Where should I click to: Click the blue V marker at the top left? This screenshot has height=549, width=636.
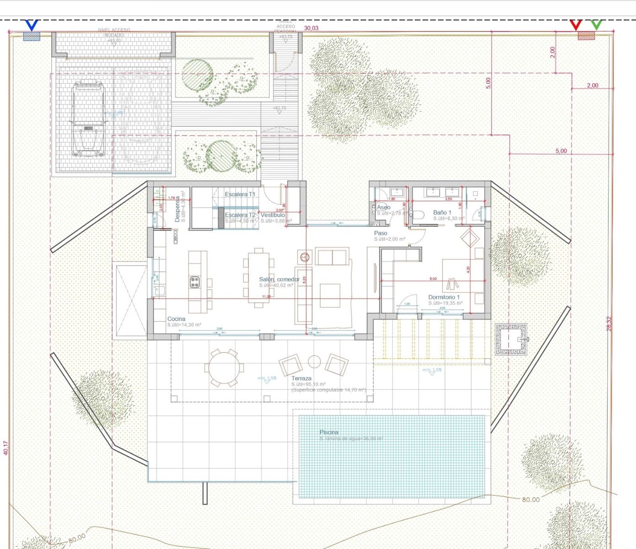(32, 25)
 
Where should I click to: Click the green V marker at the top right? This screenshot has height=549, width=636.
(596, 24)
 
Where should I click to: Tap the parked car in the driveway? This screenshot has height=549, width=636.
(88, 118)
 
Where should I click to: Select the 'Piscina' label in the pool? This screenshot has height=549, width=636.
(329, 432)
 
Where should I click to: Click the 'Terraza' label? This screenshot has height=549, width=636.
(302, 378)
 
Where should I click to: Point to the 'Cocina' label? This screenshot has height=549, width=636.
(176, 319)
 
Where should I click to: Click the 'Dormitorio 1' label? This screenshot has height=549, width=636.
(444, 297)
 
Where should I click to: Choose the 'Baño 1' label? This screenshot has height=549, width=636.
(442, 212)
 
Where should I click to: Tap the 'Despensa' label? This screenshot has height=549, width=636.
(177, 212)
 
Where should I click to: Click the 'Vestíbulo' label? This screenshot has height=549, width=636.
(273, 215)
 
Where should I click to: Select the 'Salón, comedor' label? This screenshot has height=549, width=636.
(279, 280)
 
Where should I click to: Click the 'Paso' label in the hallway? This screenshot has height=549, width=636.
(381, 233)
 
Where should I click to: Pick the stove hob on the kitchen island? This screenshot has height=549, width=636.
(195, 282)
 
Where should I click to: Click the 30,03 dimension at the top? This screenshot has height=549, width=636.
(311, 28)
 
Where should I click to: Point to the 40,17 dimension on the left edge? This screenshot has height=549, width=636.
(6, 447)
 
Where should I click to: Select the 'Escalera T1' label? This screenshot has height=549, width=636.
(240, 194)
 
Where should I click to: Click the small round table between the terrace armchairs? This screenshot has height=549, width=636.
(314, 361)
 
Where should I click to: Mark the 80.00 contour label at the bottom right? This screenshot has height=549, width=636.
(530, 500)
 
